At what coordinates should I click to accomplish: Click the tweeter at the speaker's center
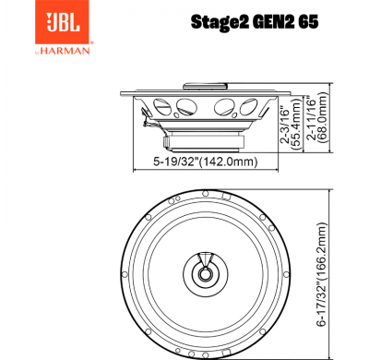click(203, 270)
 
